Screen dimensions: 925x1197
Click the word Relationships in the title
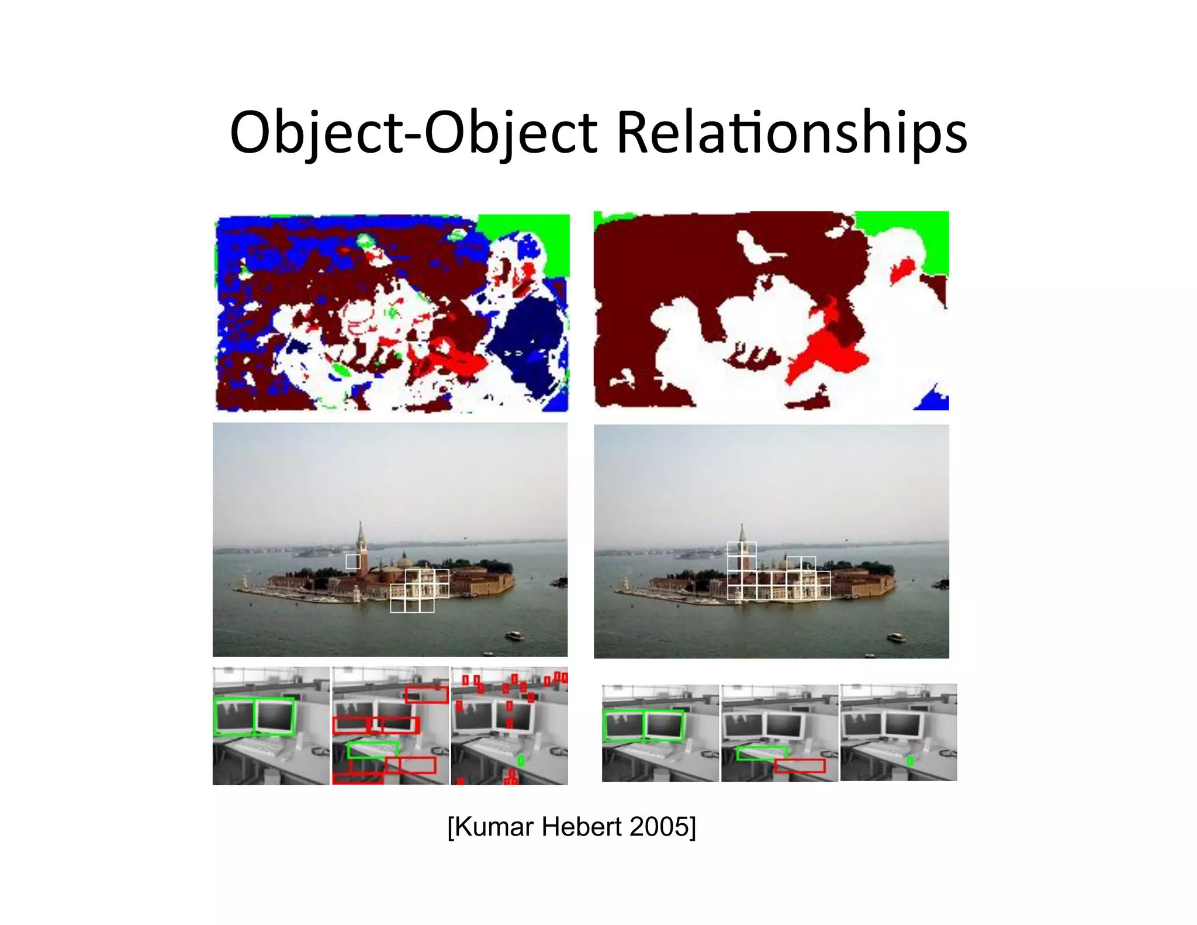pos(791,133)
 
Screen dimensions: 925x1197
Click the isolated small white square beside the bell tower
pos(352,561)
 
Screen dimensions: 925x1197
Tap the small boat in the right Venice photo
pos(895,637)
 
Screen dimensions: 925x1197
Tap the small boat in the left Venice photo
pos(514,635)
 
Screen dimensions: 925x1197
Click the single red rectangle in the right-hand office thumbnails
pos(800,765)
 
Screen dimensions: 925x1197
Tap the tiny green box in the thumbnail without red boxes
pos(909,761)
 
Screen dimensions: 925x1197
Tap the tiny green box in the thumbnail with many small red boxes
pos(520,761)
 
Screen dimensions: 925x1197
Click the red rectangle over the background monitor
pos(426,695)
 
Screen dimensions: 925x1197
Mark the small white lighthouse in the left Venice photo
pos(244,581)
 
